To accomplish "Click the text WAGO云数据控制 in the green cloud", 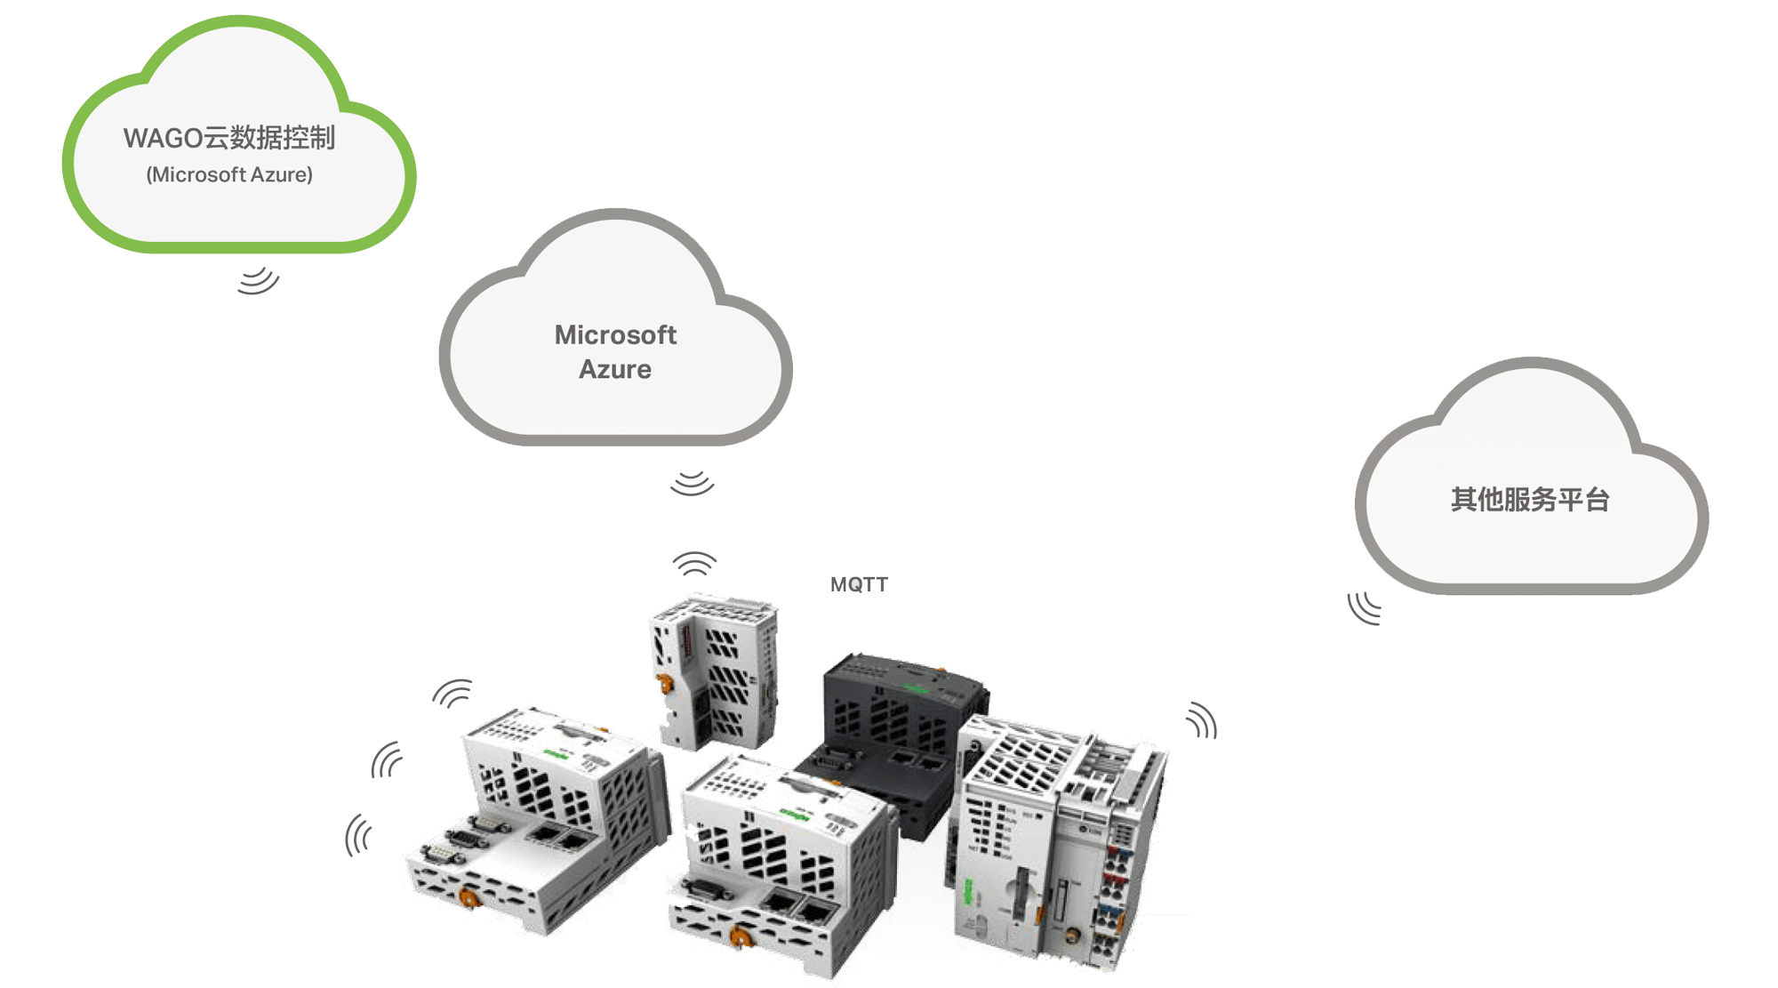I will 228,138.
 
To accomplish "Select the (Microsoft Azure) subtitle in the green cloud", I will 229,174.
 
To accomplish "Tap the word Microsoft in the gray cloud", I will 615,335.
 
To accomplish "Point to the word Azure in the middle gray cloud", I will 615,369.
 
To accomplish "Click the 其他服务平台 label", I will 1530,500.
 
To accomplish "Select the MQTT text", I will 859,584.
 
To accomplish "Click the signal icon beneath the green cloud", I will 258,280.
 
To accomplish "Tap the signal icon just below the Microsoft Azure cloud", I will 693,483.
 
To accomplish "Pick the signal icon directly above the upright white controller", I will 694,563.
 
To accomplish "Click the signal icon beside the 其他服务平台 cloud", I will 1364,608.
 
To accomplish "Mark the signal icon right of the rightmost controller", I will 1202,721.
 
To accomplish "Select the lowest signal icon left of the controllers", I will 358,835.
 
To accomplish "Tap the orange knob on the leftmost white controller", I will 469,895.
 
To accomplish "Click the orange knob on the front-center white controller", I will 738,936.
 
